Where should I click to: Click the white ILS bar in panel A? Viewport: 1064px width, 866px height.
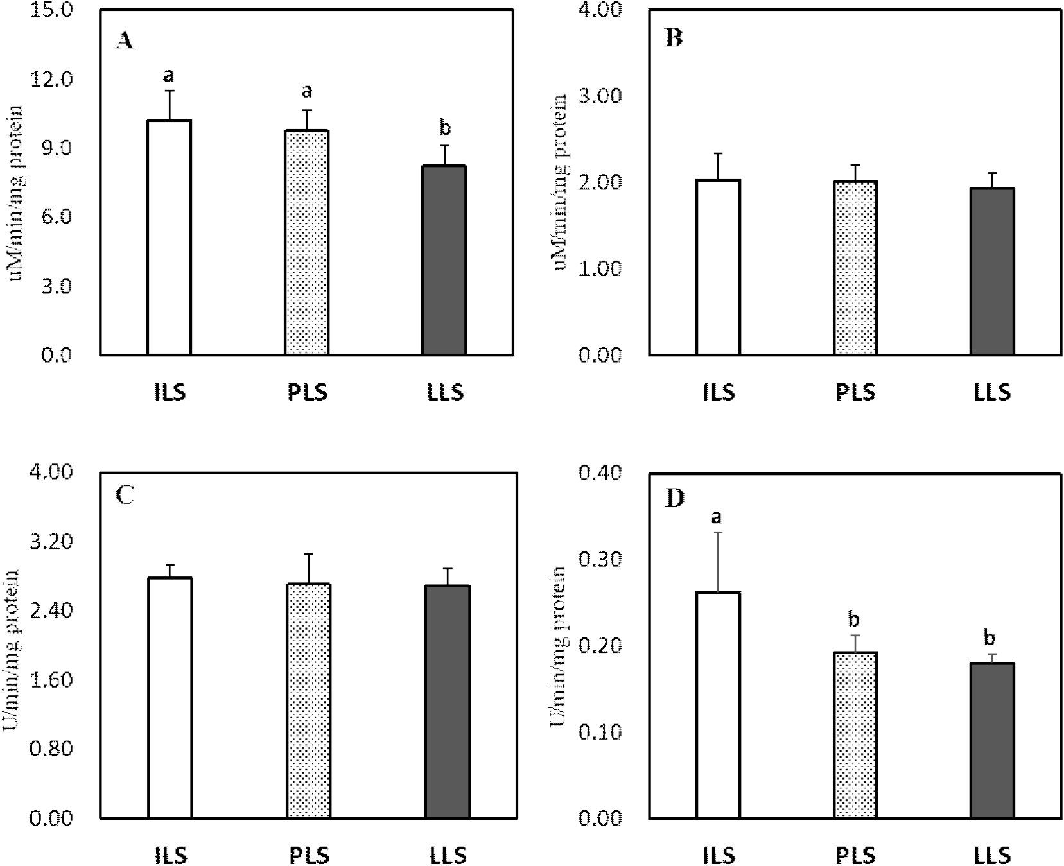pos(170,238)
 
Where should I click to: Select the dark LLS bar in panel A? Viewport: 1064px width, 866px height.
pos(444,260)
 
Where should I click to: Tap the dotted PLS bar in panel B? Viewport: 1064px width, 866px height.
pos(855,268)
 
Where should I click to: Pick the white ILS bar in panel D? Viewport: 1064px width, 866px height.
pos(719,705)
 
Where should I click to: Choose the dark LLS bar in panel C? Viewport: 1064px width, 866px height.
pos(448,702)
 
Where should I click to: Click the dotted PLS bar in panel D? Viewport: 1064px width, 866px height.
pos(855,735)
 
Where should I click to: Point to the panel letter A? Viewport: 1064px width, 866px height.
pos(125,41)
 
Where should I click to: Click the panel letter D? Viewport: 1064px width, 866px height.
pos(675,499)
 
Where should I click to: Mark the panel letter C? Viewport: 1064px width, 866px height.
pos(124,496)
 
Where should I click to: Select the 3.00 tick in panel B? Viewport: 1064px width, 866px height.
pos(600,96)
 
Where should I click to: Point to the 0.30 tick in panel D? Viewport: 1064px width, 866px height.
pos(600,559)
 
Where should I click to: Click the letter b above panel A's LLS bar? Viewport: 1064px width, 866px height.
pos(444,128)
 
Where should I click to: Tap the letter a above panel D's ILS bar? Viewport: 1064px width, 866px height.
pos(718,516)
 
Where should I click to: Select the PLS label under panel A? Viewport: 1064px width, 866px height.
pos(308,391)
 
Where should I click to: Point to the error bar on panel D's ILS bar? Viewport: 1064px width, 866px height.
pos(719,562)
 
